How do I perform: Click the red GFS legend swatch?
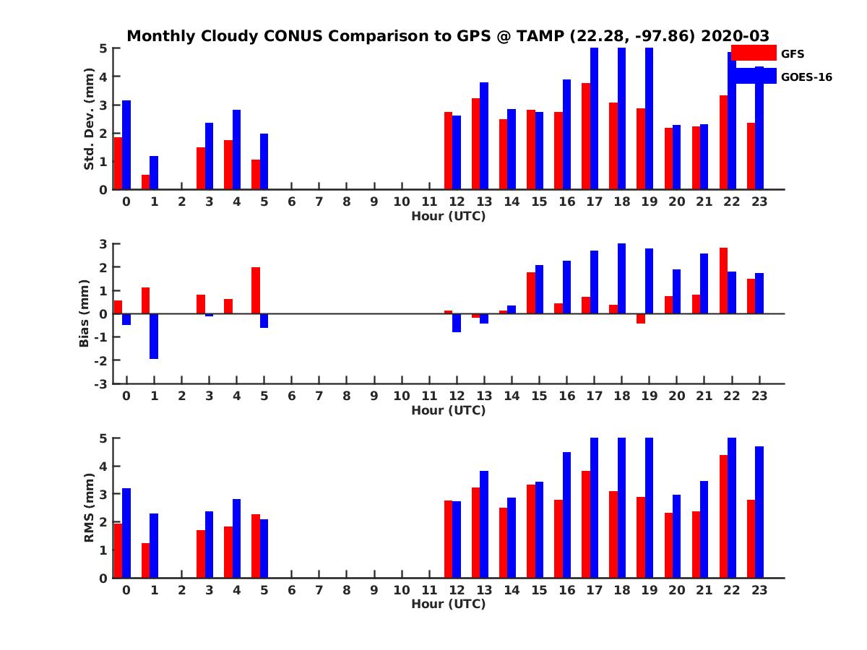(x=753, y=53)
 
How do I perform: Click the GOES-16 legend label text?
(x=807, y=77)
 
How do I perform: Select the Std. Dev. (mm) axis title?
(x=89, y=118)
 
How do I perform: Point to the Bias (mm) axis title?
(x=85, y=314)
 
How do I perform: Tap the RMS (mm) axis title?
(x=89, y=508)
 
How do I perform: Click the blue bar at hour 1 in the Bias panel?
(x=154, y=336)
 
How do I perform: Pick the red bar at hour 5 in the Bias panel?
(x=256, y=290)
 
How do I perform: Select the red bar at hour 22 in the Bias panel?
(x=724, y=281)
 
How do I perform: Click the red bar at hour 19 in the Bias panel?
(x=641, y=318)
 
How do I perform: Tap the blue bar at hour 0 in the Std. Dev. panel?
(x=126, y=145)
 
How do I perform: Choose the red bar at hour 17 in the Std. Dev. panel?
(x=586, y=136)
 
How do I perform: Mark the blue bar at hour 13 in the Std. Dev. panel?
(x=484, y=136)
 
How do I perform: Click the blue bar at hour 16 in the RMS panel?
(x=567, y=515)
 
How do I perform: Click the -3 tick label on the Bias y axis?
(x=103, y=383)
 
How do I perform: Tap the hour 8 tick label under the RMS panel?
(x=347, y=589)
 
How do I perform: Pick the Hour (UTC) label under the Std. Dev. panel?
(x=448, y=216)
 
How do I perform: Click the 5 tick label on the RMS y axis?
(x=104, y=438)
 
